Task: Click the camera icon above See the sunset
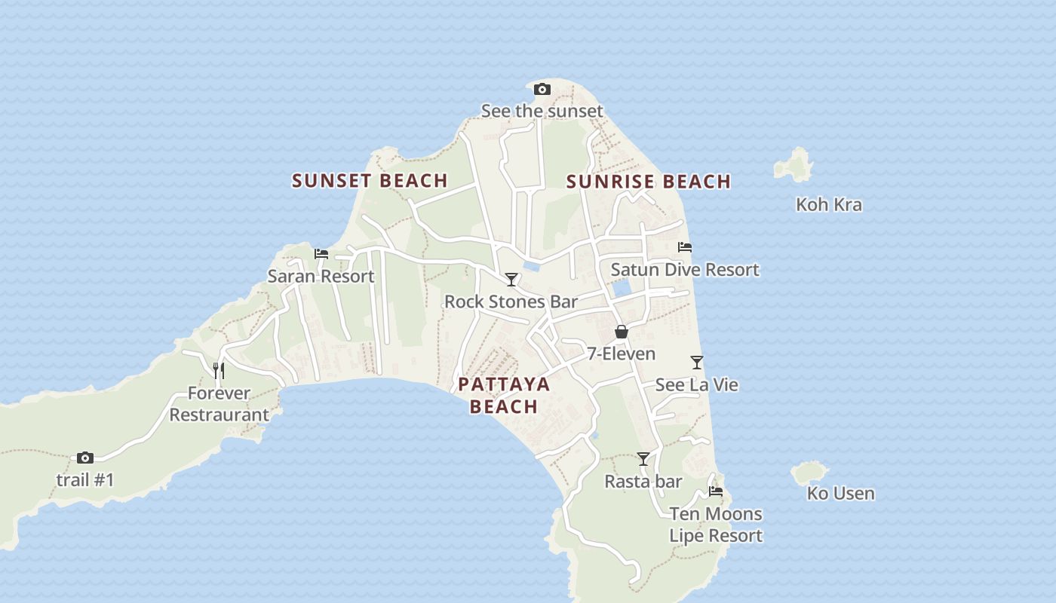click(542, 90)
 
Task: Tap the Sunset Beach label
click(370, 181)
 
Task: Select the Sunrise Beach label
click(649, 182)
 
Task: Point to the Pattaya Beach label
click(504, 395)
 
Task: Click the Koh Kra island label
click(829, 205)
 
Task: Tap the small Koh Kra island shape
click(794, 164)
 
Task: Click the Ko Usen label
click(840, 494)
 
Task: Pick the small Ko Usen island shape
click(809, 473)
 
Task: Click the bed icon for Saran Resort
click(321, 254)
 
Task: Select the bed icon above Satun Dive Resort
click(685, 246)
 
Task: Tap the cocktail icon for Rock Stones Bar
click(511, 280)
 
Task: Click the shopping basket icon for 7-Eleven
click(621, 332)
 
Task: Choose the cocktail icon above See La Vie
click(697, 363)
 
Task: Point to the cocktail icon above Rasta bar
click(643, 458)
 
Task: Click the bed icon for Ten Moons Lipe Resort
click(716, 491)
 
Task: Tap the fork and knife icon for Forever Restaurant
click(219, 370)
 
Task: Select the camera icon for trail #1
click(85, 458)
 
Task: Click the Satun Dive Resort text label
click(685, 270)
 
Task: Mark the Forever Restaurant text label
click(219, 404)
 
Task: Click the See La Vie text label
click(696, 385)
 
